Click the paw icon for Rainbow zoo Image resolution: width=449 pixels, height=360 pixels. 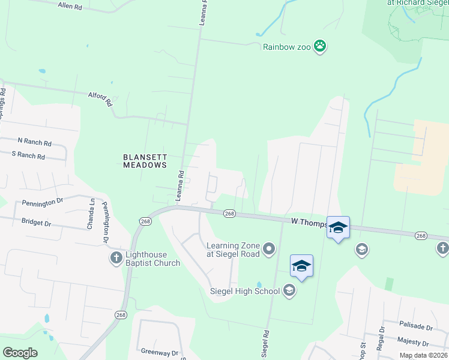pyautogui.click(x=321, y=46)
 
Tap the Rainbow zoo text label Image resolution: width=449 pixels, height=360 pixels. pyautogui.click(x=287, y=47)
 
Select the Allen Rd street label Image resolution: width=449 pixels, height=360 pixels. pyautogui.click(x=70, y=6)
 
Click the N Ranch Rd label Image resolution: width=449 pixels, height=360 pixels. pyautogui.click(x=35, y=142)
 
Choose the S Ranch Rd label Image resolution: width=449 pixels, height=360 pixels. pyautogui.click(x=29, y=155)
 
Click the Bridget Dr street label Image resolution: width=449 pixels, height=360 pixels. pyautogui.click(x=37, y=223)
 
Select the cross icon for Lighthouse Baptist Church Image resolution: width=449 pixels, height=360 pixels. pyautogui.click(x=116, y=258)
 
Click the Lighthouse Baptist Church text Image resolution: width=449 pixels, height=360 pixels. pyautogui.click(x=152, y=259)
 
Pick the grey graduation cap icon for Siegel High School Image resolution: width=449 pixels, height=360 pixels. pyautogui.click(x=289, y=292)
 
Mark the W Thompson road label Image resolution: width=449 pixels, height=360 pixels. pyautogui.click(x=309, y=223)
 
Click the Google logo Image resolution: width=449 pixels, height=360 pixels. pyautogui.click(x=20, y=352)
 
